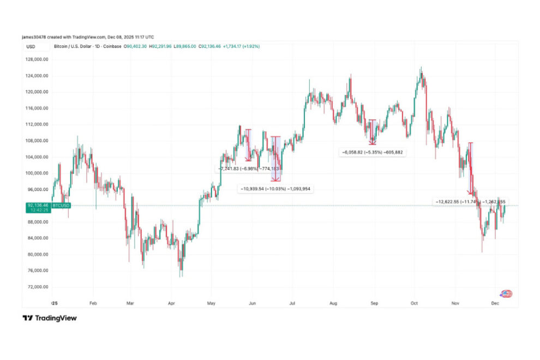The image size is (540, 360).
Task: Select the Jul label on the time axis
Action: pos(292,301)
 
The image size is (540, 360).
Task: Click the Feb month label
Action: pos(92,301)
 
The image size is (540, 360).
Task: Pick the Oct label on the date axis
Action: pos(414,301)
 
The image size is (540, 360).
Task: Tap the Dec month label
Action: pos(495,301)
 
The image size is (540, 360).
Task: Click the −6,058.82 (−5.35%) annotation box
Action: pos(373,152)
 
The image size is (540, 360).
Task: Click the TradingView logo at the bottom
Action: pos(50,318)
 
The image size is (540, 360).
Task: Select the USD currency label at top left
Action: pos(31,46)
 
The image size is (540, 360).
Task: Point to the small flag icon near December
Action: pos(506,294)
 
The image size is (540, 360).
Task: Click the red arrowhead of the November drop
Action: pos(471,193)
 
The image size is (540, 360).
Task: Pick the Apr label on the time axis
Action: pos(171,301)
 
